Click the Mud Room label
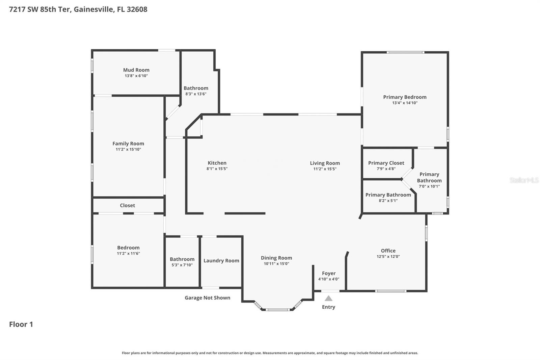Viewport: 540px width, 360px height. (x=136, y=70)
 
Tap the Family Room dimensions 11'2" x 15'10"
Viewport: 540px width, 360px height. (x=128, y=149)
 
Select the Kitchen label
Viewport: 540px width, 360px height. (x=217, y=163)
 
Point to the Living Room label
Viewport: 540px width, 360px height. (x=325, y=163)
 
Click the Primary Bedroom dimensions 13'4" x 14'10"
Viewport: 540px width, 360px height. (x=405, y=103)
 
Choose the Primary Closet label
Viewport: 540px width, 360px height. (x=386, y=163)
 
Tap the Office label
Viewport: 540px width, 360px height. (x=388, y=251)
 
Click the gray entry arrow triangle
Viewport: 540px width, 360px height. (x=328, y=299)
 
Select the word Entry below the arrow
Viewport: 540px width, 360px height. (x=328, y=307)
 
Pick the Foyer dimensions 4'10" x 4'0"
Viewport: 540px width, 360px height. (x=329, y=279)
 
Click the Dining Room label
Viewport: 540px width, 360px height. (x=276, y=258)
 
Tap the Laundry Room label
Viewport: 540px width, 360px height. (x=221, y=261)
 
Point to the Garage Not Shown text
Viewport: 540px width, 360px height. (x=207, y=298)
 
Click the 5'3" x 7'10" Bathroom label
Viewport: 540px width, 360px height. (x=182, y=259)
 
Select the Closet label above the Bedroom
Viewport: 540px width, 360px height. (x=127, y=205)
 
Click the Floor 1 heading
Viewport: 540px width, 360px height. (x=21, y=324)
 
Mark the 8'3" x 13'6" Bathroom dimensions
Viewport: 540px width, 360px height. (x=196, y=94)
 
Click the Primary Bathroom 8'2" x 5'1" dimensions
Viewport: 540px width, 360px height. (x=388, y=201)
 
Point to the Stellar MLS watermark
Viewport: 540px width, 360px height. (x=524, y=180)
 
